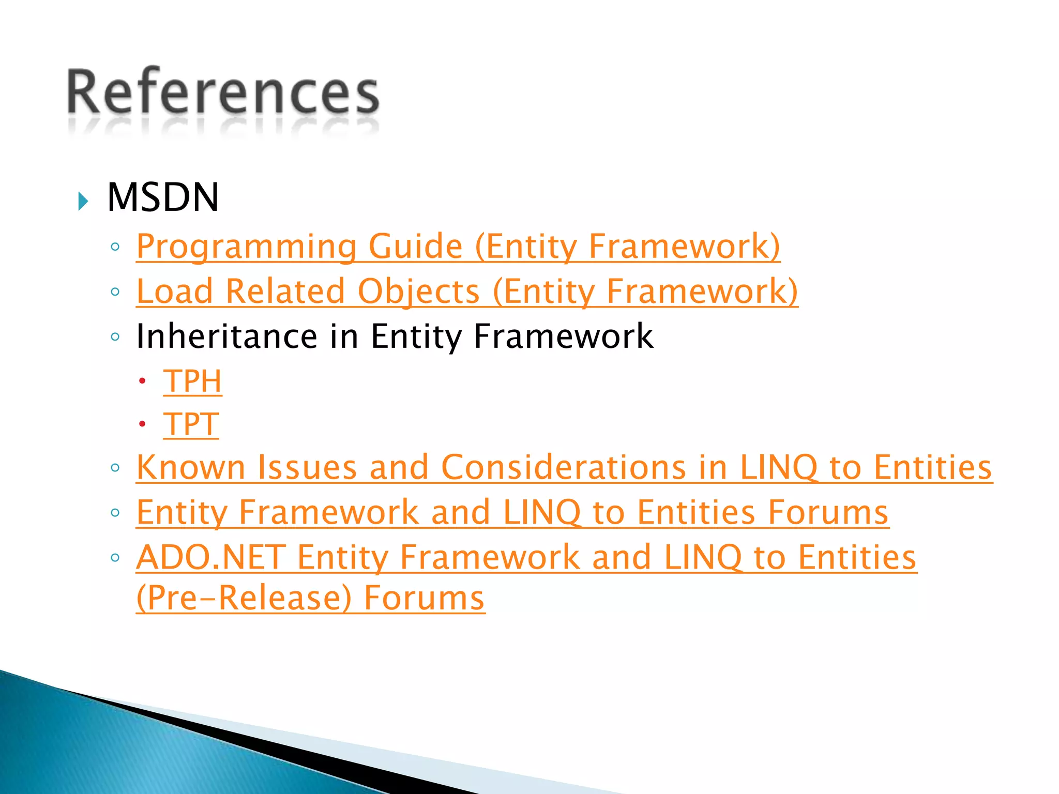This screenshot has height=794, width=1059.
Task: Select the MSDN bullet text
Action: coord(163,197)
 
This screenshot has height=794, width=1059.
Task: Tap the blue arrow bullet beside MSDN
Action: coord(83,201)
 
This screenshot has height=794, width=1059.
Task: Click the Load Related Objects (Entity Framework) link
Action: coord(467,291)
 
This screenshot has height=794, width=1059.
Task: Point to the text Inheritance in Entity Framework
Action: coord(395,337)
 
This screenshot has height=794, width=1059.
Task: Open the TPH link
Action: coord(192,381)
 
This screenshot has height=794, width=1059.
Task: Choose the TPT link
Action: coord(191,424)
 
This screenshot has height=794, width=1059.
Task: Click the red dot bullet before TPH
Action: coord(142,382)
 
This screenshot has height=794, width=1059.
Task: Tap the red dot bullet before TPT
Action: coord(142,425)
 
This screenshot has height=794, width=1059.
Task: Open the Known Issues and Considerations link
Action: coord(564,467)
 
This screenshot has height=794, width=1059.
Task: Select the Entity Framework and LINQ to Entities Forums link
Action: coord(512,512)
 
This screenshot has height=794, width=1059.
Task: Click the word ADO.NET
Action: coord(211,557)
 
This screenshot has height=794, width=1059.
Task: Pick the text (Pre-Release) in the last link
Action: coord(244,598)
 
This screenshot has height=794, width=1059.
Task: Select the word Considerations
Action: coord(564,467)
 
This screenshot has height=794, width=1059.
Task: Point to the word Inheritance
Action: coord(226,337)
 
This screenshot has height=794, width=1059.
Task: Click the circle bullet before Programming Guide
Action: coord(115,247)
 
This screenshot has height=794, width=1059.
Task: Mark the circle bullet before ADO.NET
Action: coord(115,558)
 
